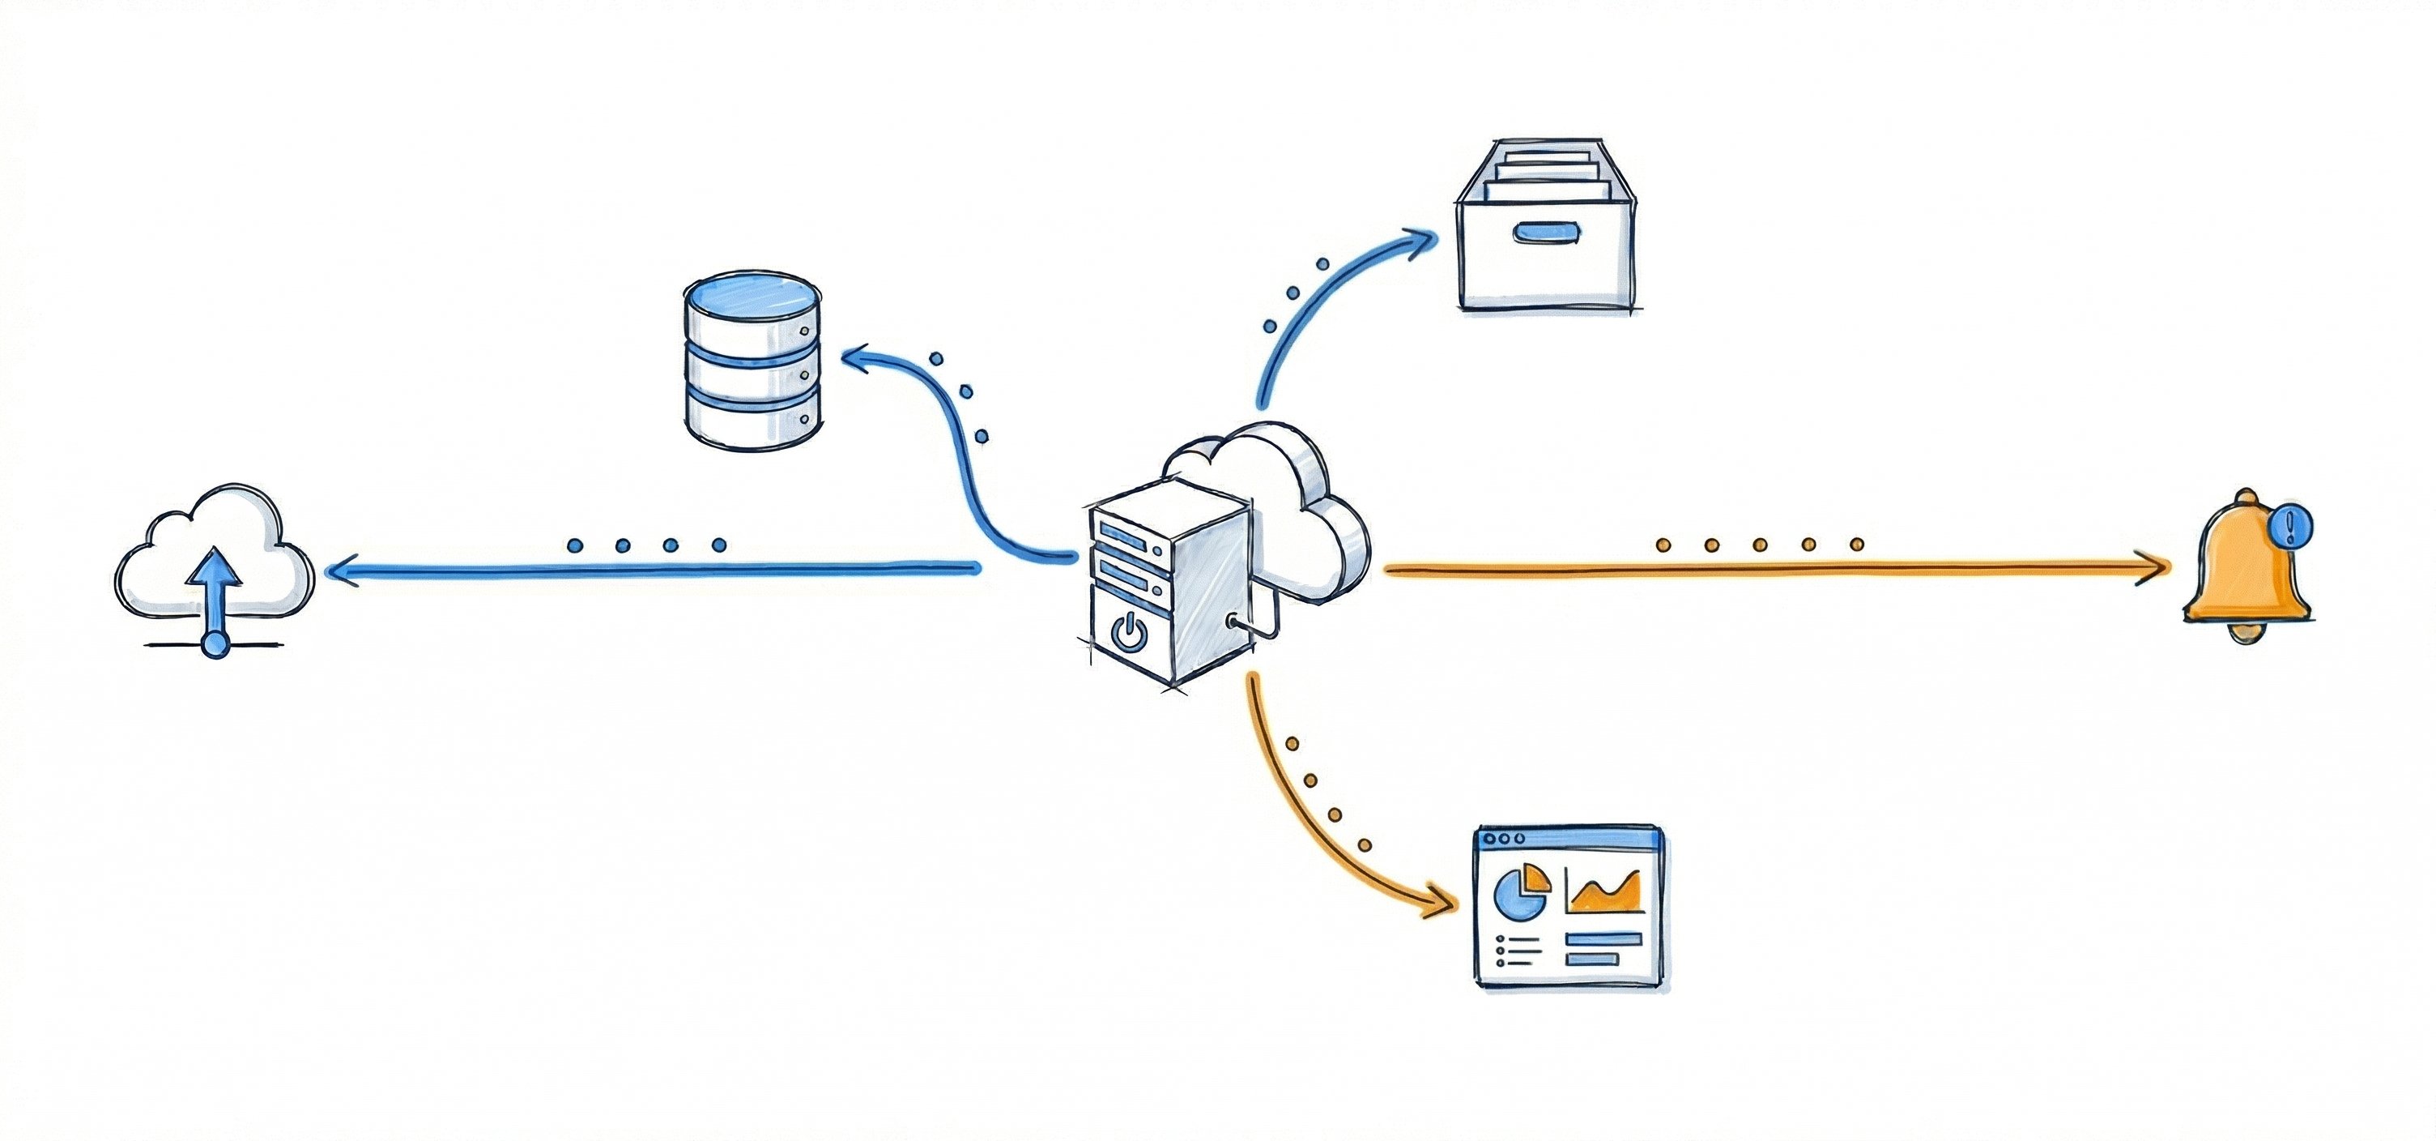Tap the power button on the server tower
[1129, 630]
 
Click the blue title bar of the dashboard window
[1569, 838]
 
